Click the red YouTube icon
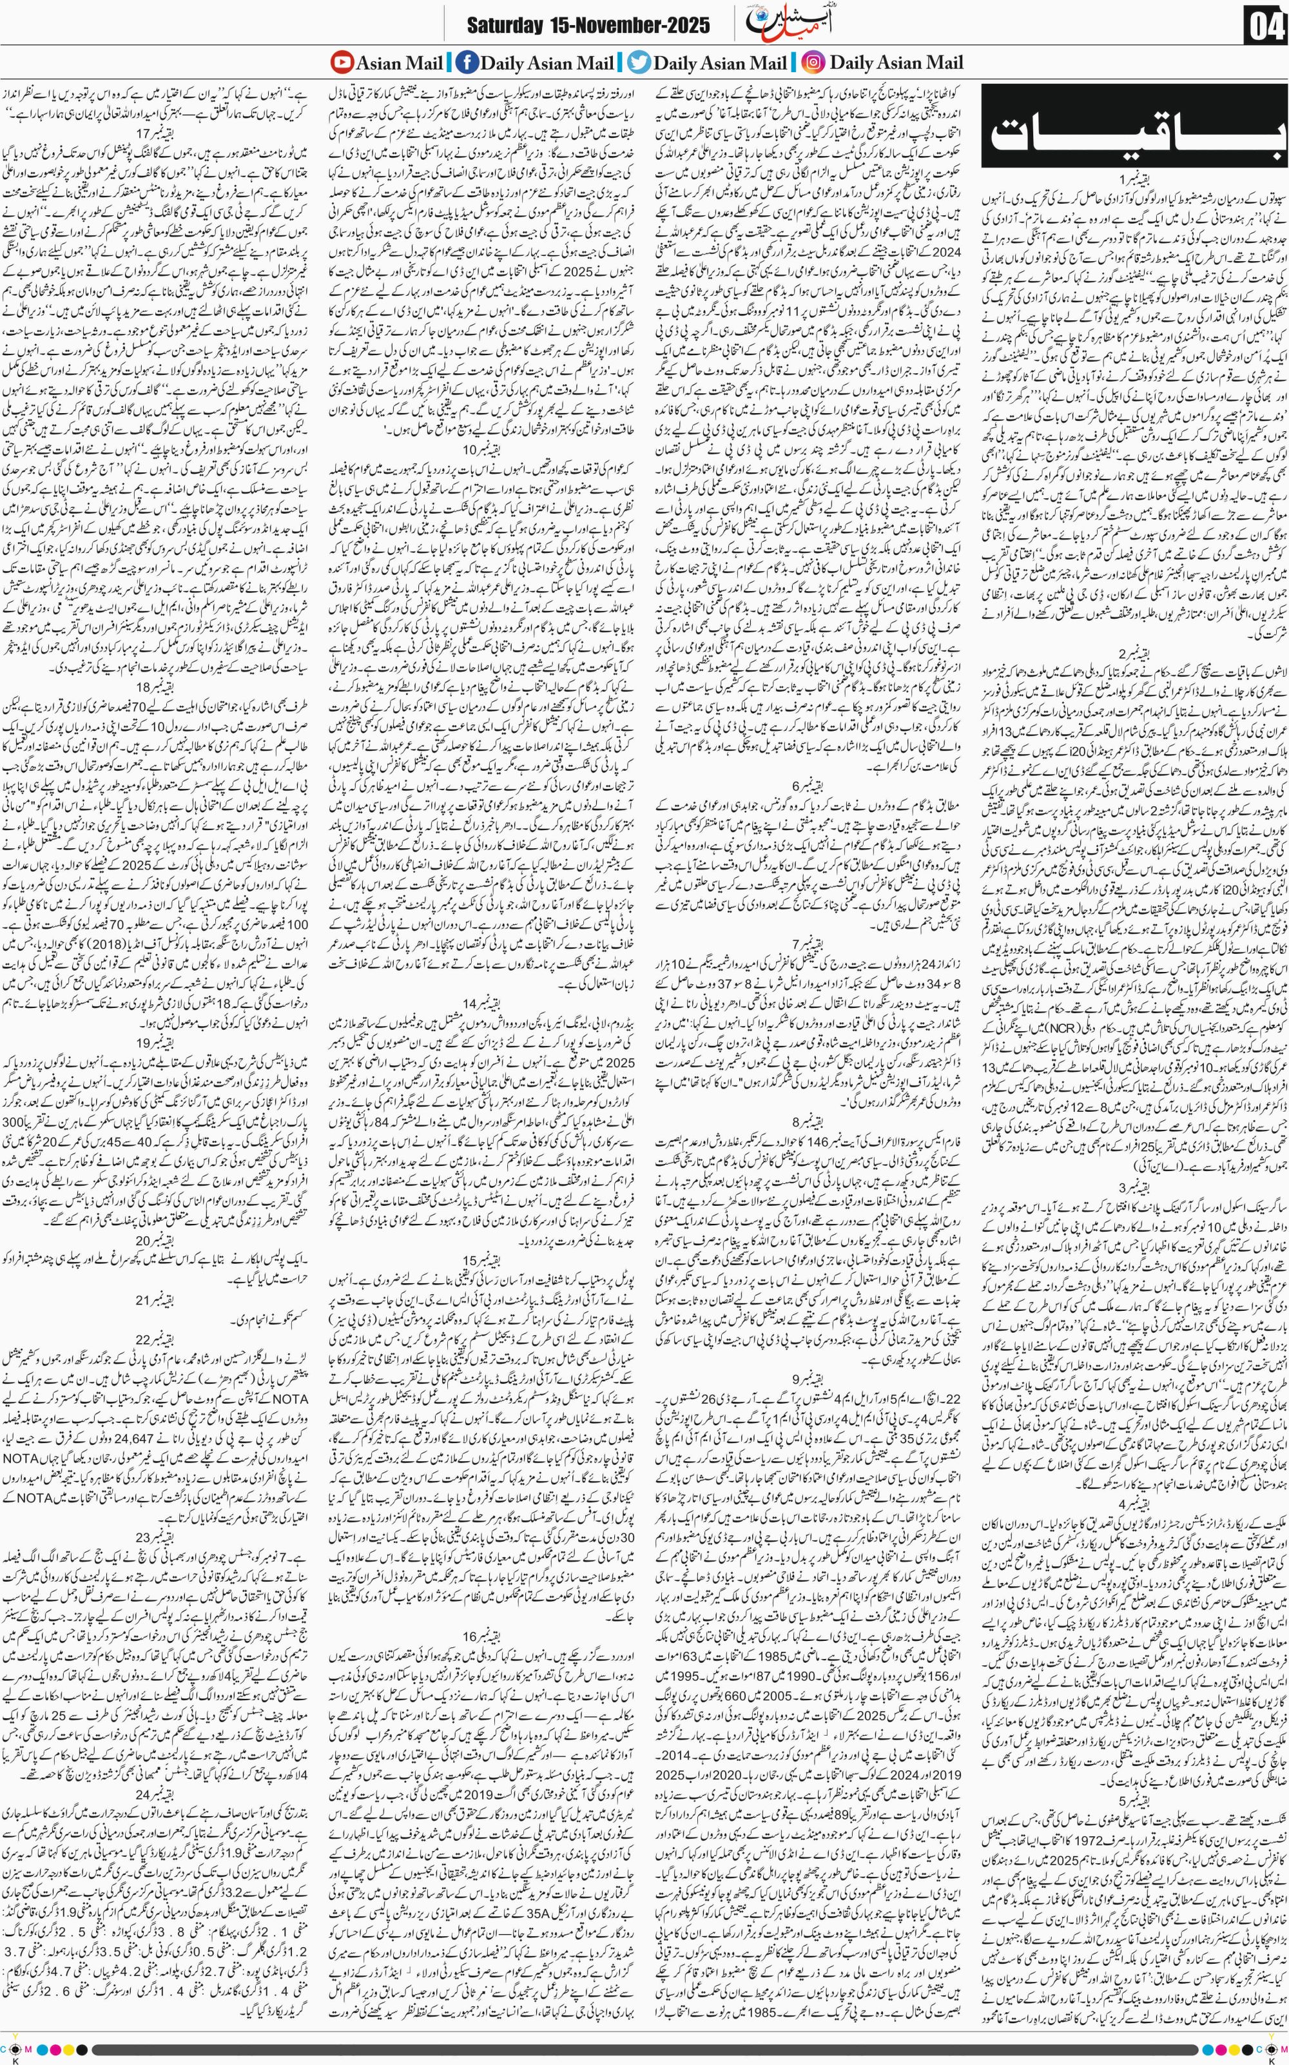pyautogui.click(x=342, y=63)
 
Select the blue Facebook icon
pyautogui.click(x=467, y=63)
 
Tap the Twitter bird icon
pyautogui.click(x=639, y=63)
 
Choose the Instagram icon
pyautogui.click(x=813, y=63)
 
